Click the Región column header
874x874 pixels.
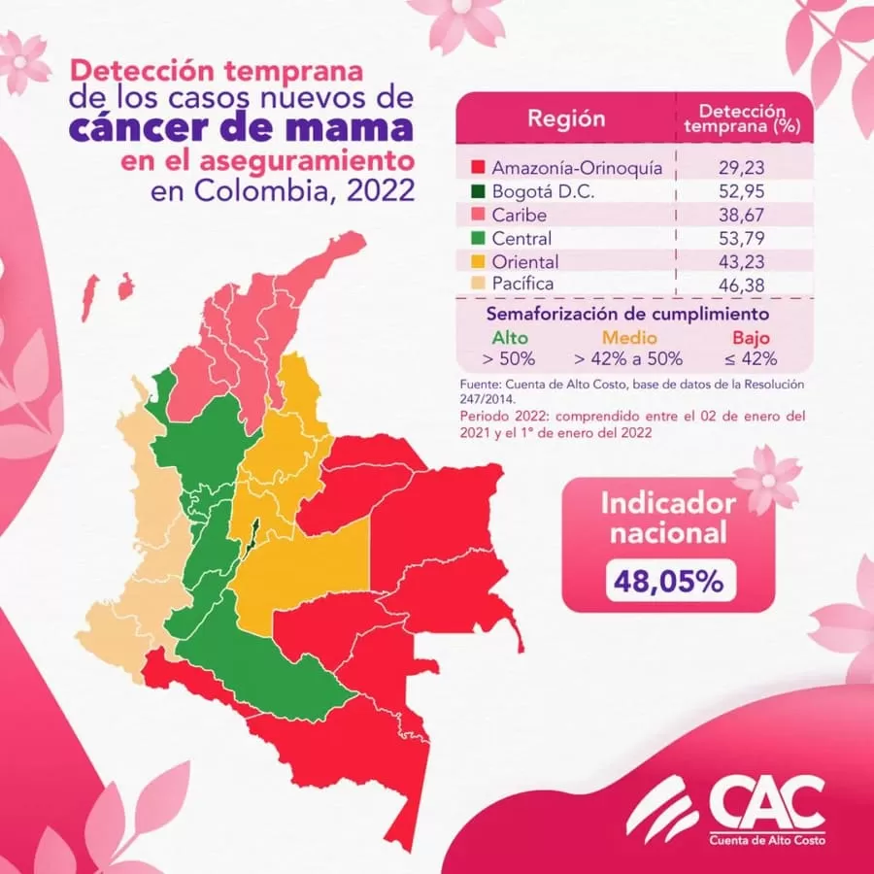(565, 118)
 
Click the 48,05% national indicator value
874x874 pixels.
(667, 581)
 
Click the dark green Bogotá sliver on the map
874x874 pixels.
(252, 532)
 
